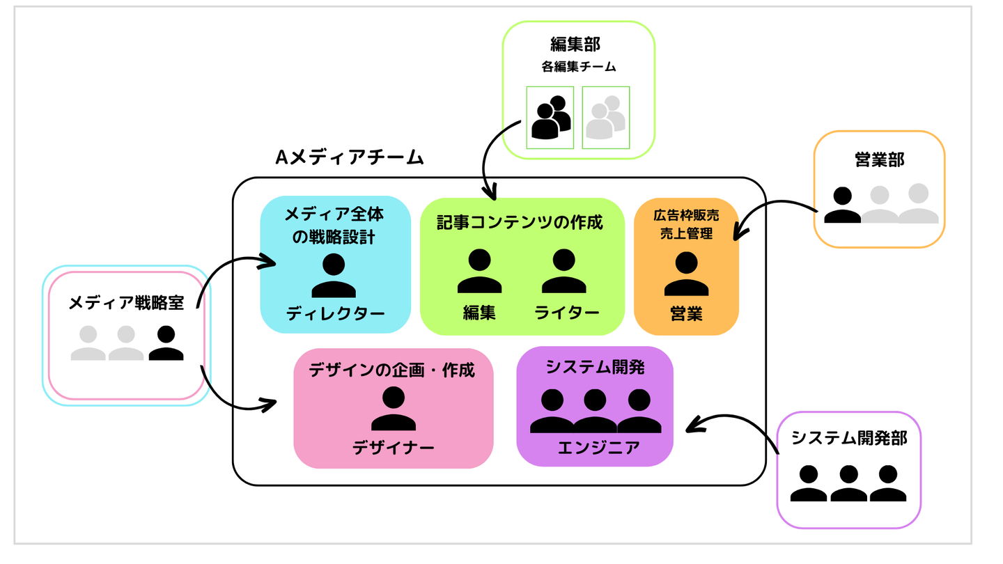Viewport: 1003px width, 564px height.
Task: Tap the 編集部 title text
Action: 575,45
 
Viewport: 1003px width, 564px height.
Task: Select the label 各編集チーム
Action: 577,68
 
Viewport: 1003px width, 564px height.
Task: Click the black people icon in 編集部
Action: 550,117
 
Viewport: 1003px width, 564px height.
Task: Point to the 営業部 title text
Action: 879,159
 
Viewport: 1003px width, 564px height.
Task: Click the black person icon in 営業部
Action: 842,205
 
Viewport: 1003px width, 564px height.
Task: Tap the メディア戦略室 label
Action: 125,303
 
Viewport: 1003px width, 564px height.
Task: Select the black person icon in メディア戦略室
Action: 166,343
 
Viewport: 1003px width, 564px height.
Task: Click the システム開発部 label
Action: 848,438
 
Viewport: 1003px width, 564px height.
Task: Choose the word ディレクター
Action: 335,314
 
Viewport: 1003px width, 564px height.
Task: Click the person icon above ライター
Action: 563,271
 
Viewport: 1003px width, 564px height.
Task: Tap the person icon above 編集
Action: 479,271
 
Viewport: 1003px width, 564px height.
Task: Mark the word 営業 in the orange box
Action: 686,313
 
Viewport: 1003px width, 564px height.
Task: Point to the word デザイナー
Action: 393,447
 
